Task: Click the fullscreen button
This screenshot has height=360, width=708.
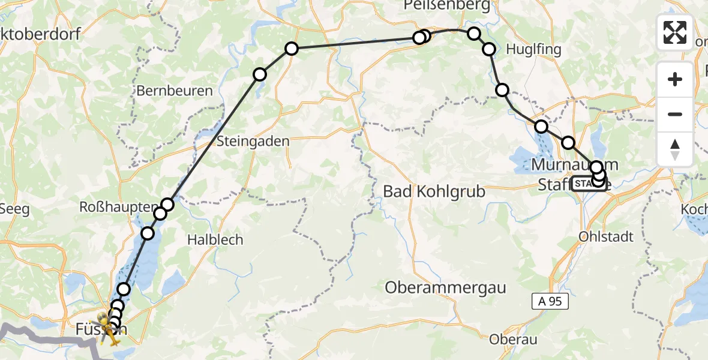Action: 675,32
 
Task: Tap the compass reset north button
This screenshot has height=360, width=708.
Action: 675,149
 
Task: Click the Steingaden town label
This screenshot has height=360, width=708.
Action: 253,142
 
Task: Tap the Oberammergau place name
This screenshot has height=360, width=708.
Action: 445,287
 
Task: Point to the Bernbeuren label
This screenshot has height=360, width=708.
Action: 175,91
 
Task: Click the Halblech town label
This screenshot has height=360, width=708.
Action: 215,239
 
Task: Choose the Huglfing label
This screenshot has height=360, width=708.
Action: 533,50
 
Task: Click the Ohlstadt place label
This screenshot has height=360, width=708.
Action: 606,236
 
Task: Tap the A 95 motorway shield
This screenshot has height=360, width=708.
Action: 550,302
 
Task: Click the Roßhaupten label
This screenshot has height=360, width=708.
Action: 119,206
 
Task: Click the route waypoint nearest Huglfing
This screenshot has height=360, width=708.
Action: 489,49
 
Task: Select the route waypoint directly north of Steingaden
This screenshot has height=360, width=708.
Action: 260,74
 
